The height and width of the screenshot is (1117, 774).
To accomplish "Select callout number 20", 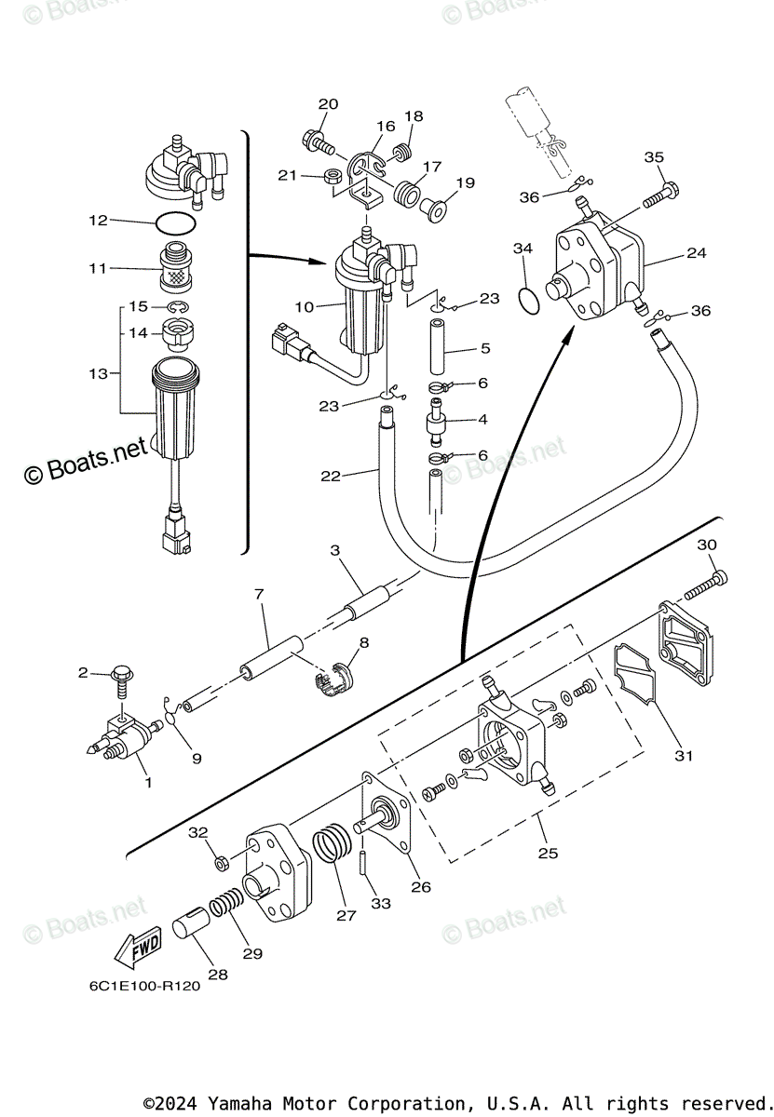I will coord(328,104).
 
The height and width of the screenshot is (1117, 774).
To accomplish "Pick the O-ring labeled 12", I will coord(174,223).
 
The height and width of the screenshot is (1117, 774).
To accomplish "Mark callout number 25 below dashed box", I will coord(548,853).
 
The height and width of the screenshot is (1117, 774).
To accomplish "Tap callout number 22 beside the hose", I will coord(332,476).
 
